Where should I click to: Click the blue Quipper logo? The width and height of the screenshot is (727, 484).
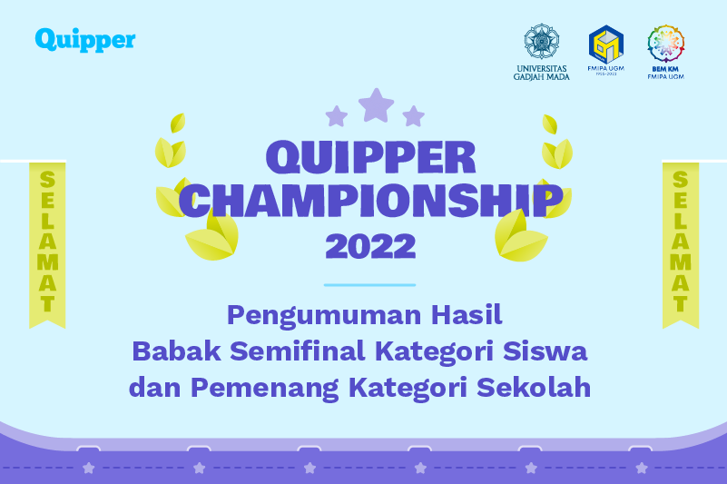[x=85, y=40]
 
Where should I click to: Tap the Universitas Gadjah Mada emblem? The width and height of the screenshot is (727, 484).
[x=542, y=41]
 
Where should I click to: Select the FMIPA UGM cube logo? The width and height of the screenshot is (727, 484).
[x=606, y=44]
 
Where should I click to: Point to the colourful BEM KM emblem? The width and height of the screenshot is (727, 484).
[x=666, y=44]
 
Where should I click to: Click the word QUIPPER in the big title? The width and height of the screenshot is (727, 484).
[x=371, y=158]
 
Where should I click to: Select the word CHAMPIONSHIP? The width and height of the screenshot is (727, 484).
[x=371, y=200]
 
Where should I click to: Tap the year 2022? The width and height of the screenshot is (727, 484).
[x=370, y=246]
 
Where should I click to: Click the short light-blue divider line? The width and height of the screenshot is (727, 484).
[x=369, y=285]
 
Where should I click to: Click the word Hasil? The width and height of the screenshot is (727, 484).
[x=467, y=314]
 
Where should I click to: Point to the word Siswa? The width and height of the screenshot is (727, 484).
[x=545, y=351]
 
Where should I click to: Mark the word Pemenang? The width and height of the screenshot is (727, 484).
[x=265, y=389]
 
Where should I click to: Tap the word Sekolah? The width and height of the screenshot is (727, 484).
[x=534, y=387]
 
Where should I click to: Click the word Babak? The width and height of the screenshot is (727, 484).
[x=177, y=351]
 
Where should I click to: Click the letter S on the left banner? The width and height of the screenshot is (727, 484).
[x=47, y=180]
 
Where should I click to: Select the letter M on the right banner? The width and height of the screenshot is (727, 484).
[x=680, y=262]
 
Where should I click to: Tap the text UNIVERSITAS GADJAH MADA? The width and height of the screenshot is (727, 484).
[x=542, y=73]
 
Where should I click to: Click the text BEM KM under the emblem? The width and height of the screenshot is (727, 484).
[x=665, y=69]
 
